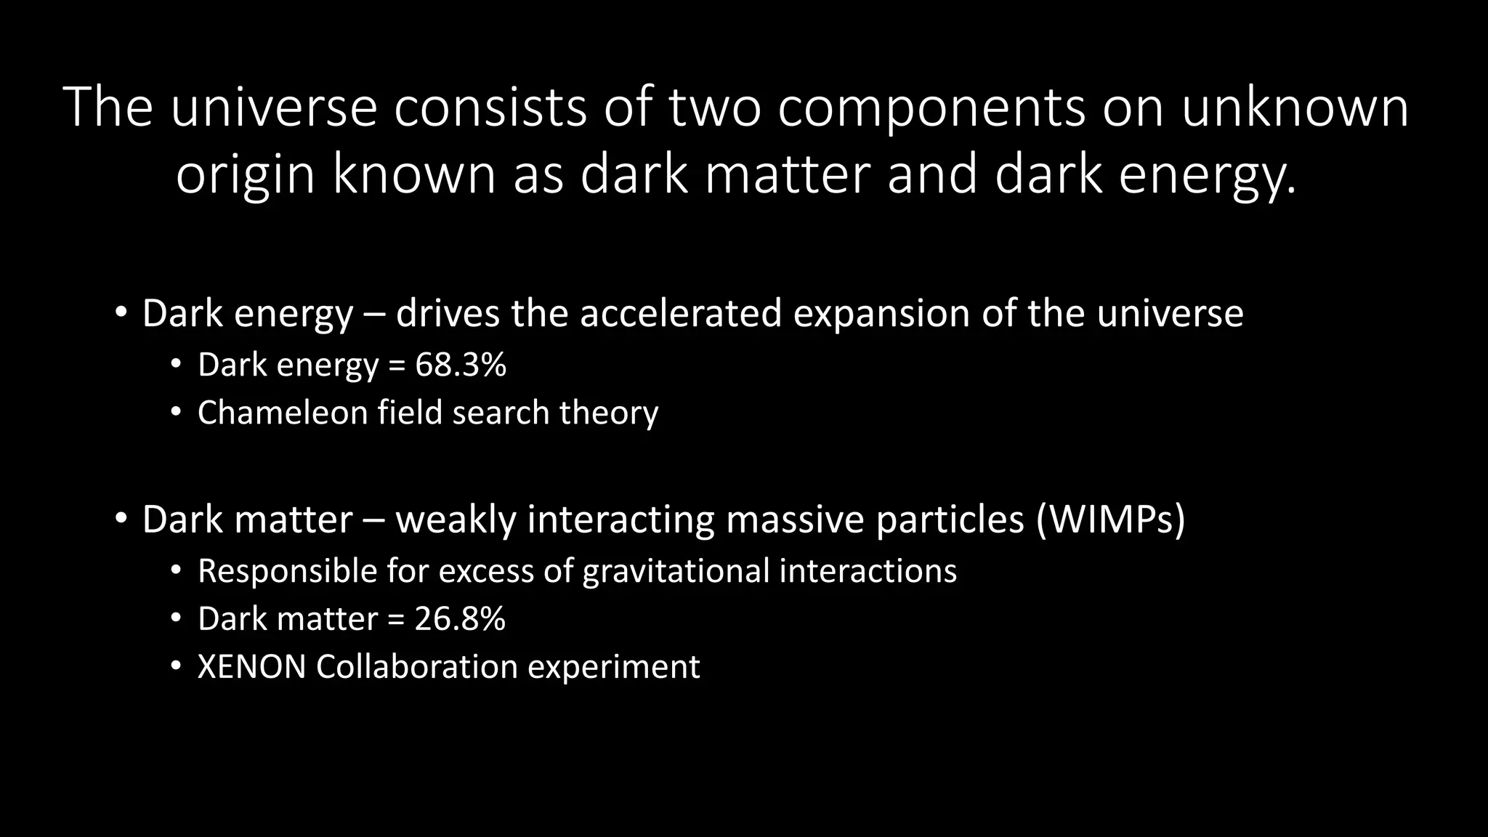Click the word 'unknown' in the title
click(x=1295, y=108)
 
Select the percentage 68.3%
click(x=461, y=364)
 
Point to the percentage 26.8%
click(x=460, y=619)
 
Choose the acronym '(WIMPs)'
click(x=1111, y=519)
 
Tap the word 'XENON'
click(x=251, y=667)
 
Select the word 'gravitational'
click(x=676, y=571)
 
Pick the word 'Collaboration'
click(x=416, y=667)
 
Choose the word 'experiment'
click(x=613, y=667)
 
